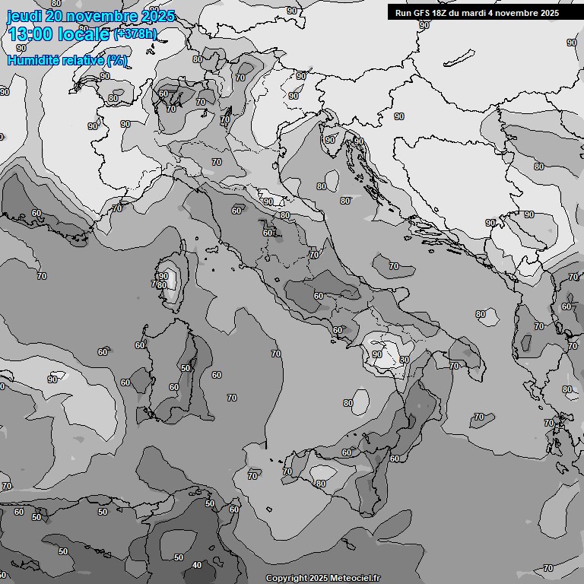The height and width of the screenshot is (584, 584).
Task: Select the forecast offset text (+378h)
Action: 135,33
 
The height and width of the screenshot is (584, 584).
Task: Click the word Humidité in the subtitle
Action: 32,60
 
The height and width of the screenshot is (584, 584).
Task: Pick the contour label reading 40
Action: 197,565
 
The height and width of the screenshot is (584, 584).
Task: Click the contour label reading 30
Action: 405,360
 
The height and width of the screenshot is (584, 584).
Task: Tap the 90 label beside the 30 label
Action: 377,354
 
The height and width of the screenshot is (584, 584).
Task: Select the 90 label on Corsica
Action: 163,276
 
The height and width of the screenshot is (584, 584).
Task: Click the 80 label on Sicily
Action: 321,484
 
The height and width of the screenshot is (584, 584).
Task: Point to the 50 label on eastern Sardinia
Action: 186,368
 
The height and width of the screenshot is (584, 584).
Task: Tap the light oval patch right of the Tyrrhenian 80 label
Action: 361,401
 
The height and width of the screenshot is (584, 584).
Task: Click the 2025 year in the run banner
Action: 547,13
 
